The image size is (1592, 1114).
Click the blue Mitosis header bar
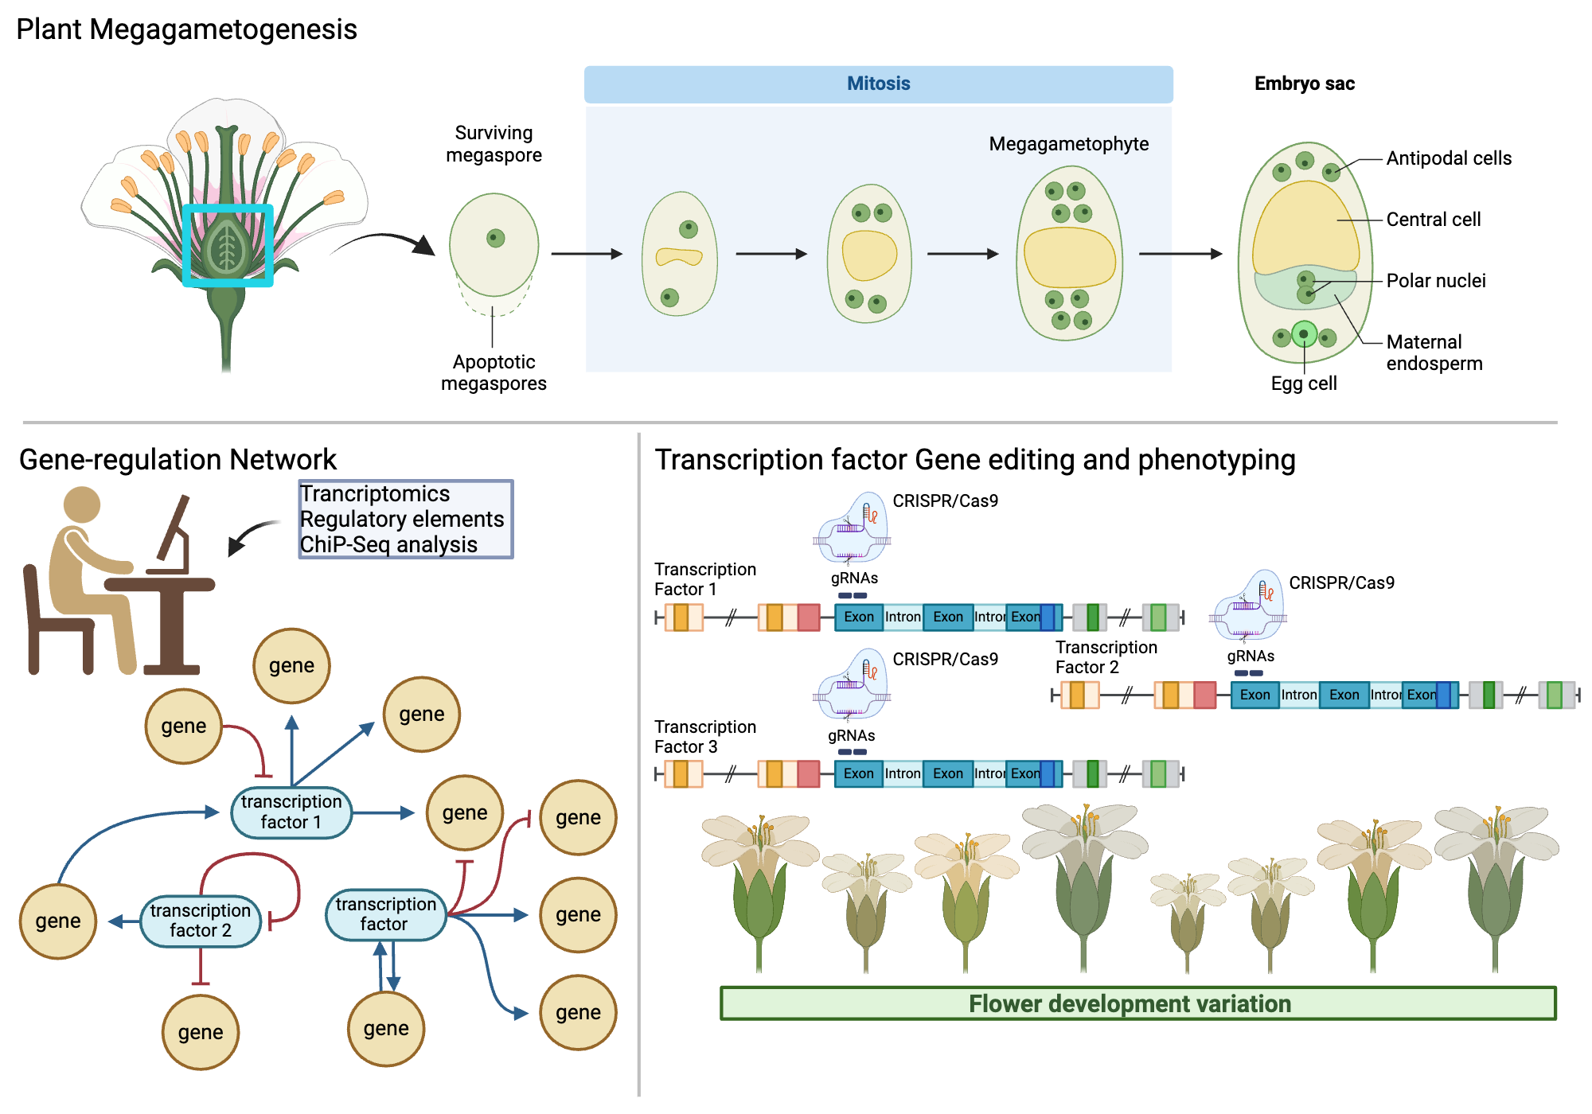[x=878, y=84]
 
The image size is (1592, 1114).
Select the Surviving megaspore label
[x=494, y=144]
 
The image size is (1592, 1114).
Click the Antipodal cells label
[x=1448, y=158]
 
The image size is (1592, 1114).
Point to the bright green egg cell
[x=1304, y=334]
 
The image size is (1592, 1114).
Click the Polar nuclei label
[x=1435, y=281]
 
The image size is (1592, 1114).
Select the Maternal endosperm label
[x=1434, y=353]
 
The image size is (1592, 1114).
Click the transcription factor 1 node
[x=291, y=812]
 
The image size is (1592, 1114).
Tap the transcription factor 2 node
[x=201, y=921]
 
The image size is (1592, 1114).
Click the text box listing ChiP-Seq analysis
[x=405, y=520]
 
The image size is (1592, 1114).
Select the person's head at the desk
[x=81, y=504]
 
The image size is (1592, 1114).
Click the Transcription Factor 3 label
[x=704, y=737]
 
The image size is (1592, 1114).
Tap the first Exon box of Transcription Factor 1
[x=859, y=617]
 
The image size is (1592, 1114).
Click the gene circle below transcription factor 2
[x=201, y=1032]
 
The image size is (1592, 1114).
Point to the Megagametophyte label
[x=1068, y=144]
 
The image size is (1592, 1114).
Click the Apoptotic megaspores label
[x=494, y=372]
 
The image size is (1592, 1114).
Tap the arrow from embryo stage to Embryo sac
[x=1180, y=254]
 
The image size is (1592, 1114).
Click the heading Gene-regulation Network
[x=178, y=460]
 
